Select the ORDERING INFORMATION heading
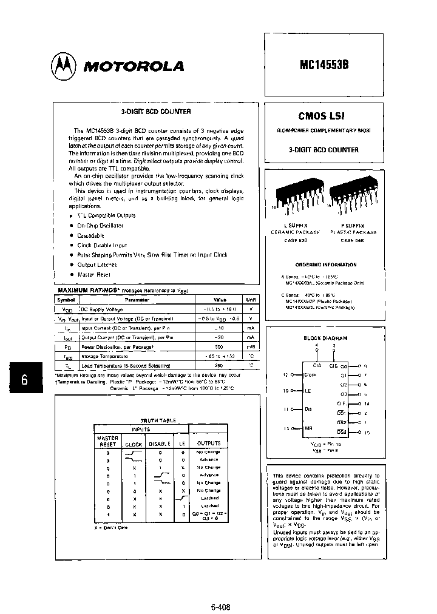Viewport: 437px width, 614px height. [326, 265]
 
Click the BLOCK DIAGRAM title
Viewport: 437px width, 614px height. [325, 337]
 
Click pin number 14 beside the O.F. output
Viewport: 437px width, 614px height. [367, 403]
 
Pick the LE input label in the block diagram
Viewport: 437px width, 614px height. [307, 391]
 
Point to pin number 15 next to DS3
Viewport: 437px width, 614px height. [367, 432]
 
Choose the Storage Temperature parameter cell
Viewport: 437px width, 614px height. [100, 356]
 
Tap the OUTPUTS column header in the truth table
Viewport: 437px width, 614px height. [208, 443]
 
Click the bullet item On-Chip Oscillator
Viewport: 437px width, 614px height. [100, 225]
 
